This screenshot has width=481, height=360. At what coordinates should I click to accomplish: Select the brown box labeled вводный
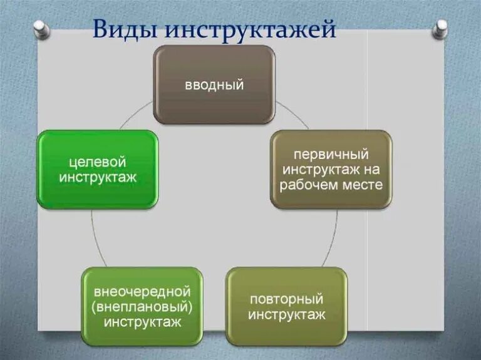point(214,84)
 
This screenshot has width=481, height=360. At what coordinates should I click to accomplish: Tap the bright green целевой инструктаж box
point(97,169)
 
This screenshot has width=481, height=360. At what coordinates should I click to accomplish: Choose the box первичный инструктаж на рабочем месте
point(331,169)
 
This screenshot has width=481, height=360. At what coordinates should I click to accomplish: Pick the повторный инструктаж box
point(286,306)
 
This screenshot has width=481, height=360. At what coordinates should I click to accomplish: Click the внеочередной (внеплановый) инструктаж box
point(143,306)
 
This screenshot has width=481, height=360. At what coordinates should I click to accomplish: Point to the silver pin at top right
point(441,28)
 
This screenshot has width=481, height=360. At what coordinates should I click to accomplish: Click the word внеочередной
point(142,292)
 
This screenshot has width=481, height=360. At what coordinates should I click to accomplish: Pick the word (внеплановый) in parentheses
point(142,307)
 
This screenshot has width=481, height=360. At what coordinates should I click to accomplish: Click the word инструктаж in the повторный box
point(287,314)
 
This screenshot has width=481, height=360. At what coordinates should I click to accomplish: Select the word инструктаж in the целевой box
point(98,177)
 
